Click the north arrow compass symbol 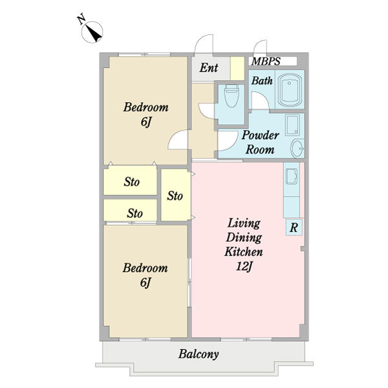[x=92, y=32]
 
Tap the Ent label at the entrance [x=209, y=67]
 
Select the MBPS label [x=266, y=61]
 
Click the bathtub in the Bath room [x=290, y=90]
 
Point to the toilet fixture [x=232, y=96]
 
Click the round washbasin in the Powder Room [x=297, y=149]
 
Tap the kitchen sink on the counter [x=292, y=177]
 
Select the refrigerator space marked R [x=294, y=227]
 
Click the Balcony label [x=199, y=354]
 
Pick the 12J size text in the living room [x=244, y=266]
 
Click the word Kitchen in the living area [x=244, y=252]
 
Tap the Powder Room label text [x=260, y=142]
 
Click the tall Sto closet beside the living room [x=175, y=195]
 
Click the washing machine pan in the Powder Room [x=293, y=125]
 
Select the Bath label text [x=262, y=81]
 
